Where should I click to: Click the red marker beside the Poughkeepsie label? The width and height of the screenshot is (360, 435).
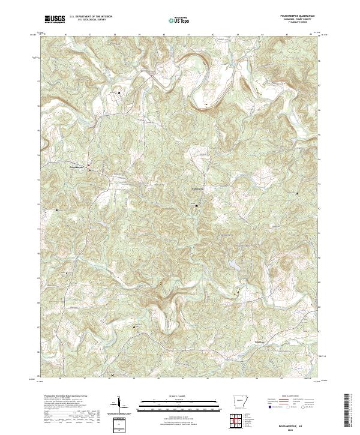89,166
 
